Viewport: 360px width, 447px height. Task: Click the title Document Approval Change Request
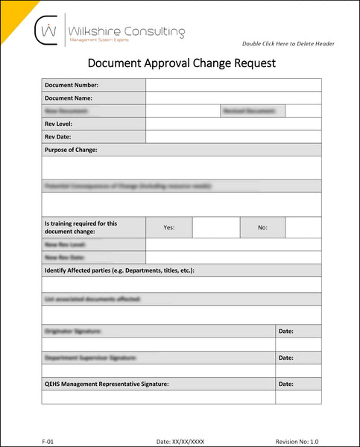(181, 63)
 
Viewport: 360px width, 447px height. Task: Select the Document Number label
(72, 85)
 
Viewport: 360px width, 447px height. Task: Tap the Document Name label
(69, 98)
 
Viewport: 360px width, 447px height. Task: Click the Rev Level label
(59, 124)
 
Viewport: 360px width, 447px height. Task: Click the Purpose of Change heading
(71, 150)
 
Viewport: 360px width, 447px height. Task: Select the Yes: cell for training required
(168, 227)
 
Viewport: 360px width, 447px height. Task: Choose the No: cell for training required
(262, 227)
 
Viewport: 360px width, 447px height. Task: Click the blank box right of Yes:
(215, 227)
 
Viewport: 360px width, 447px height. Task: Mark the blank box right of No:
(303, 227)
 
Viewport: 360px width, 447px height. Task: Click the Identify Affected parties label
(119, 270)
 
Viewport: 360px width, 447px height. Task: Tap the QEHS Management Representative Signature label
(107, 384)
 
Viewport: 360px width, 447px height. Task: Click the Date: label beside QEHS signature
(286, 384)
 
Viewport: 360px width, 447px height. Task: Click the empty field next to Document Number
(233, 85)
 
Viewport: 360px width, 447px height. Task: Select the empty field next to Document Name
(233, 98)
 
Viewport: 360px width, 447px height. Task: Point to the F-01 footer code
(48, 441)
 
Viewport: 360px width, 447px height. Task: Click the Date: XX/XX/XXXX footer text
(180, 441)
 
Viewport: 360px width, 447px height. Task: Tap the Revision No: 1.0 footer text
(297, 441)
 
